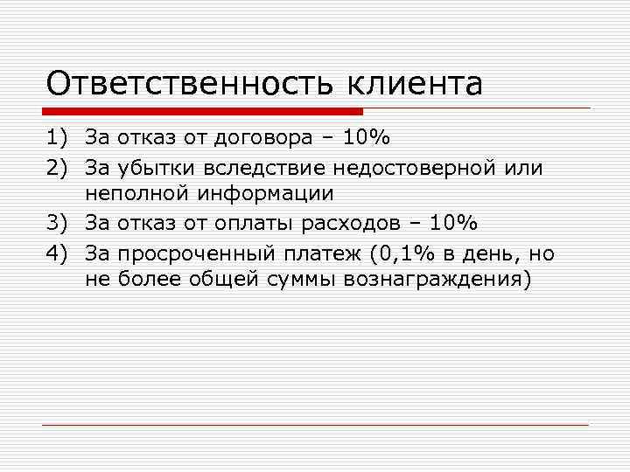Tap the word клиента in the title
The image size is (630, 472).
coord(416,84)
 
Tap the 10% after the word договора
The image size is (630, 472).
coord(367,137)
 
